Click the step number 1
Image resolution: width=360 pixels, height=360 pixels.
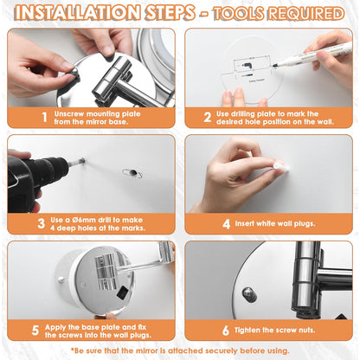tap(44, 117)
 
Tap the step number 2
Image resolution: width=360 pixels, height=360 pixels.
tap(208, 117)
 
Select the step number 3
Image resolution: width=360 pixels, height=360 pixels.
tap(42, 223)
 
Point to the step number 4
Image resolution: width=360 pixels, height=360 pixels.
tap(227, 224)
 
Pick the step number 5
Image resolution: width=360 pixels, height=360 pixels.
tap(35, 331)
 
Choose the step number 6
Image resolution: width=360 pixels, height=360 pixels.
tap(226, 331)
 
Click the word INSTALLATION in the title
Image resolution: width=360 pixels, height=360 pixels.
tap(77, 13)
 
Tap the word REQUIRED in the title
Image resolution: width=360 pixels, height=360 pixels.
tap(306, 14)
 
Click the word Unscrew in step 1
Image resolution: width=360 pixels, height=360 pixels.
tap(69, 113)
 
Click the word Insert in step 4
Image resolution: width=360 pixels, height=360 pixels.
tap(245, 223)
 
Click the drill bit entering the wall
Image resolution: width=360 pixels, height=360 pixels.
tap(76, 162)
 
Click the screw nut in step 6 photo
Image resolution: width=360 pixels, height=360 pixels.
tap(249, 294)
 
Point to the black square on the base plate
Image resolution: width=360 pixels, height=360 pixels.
tap(122, 292)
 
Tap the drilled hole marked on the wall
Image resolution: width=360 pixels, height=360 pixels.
tap(133, 173)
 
